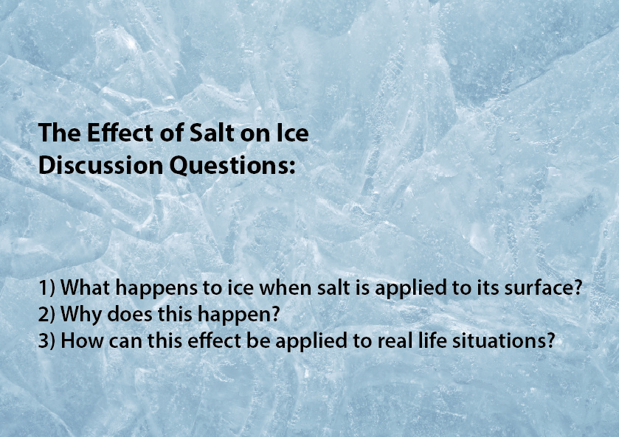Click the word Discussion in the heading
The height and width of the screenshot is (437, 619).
click(x=100, y=165)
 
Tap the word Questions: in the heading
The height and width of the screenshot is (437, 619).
click(x=232, y=166)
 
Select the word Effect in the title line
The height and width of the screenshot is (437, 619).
click(x=120, y=133)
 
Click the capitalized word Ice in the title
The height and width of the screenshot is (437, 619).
click(x=292, y=133)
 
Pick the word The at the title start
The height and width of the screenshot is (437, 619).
click(x=60, y=133)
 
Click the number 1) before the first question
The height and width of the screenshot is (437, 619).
click(x=46, y=287)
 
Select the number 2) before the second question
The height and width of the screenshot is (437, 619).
click(x=46, y=314)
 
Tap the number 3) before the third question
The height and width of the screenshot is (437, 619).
click(x=46, y=340)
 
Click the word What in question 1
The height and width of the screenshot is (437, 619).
click(x=85, y=287)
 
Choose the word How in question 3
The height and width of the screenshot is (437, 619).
click(x=82, y=340)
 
